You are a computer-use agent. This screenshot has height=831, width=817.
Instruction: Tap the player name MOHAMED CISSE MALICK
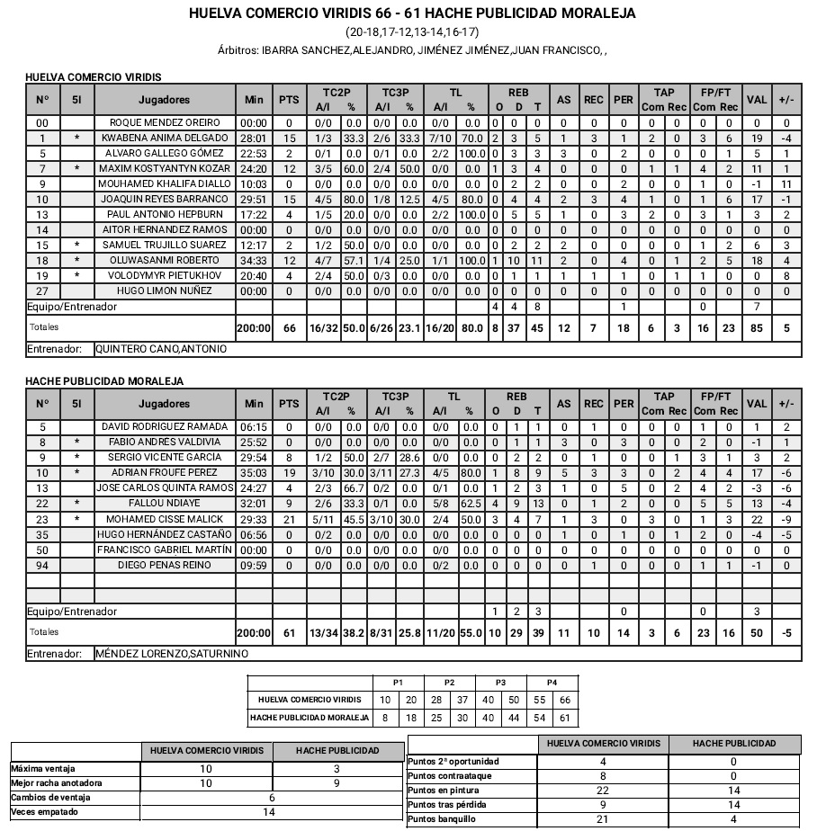click(165, 519)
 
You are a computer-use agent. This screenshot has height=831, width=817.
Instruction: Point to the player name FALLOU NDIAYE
click(165, 504)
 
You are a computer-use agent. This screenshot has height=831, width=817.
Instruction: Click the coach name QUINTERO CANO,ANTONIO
click(161, 349)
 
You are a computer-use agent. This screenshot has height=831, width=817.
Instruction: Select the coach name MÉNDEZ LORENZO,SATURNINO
click(171, 654)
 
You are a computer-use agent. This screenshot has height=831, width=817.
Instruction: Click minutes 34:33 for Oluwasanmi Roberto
click(254, 260)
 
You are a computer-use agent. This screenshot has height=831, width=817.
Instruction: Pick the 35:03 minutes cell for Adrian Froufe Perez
click(254, 472)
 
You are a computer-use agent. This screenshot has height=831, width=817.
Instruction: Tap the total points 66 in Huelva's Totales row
click(289, 328)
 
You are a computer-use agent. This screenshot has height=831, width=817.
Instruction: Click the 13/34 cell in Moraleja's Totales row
click(323, 633)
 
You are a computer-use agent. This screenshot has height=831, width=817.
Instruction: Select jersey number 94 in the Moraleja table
click(42, 565)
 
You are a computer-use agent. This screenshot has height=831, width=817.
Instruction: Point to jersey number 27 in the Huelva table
click(42, 290)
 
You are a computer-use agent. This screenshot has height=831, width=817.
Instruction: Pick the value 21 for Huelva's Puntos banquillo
click(603, 819)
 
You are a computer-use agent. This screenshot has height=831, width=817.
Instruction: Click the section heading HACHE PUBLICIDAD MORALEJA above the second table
click(105, 381)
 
